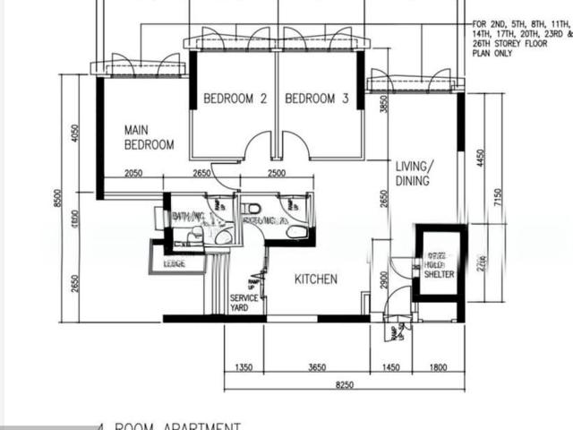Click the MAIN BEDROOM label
149,137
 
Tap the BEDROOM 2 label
235,99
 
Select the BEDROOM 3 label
317,99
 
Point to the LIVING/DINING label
415,173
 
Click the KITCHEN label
316,279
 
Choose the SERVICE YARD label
244,303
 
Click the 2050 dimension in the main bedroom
133,173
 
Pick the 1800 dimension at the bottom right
438,367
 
